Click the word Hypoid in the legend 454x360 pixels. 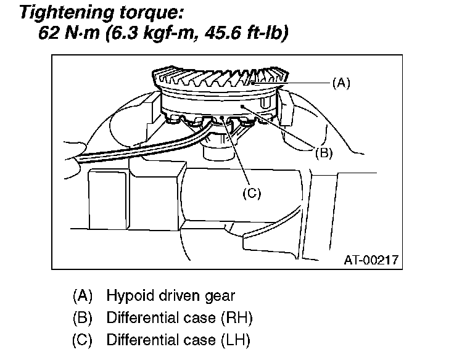128,296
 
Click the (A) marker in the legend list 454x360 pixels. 83,296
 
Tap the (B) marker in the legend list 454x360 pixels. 83,318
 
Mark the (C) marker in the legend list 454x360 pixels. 83,340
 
